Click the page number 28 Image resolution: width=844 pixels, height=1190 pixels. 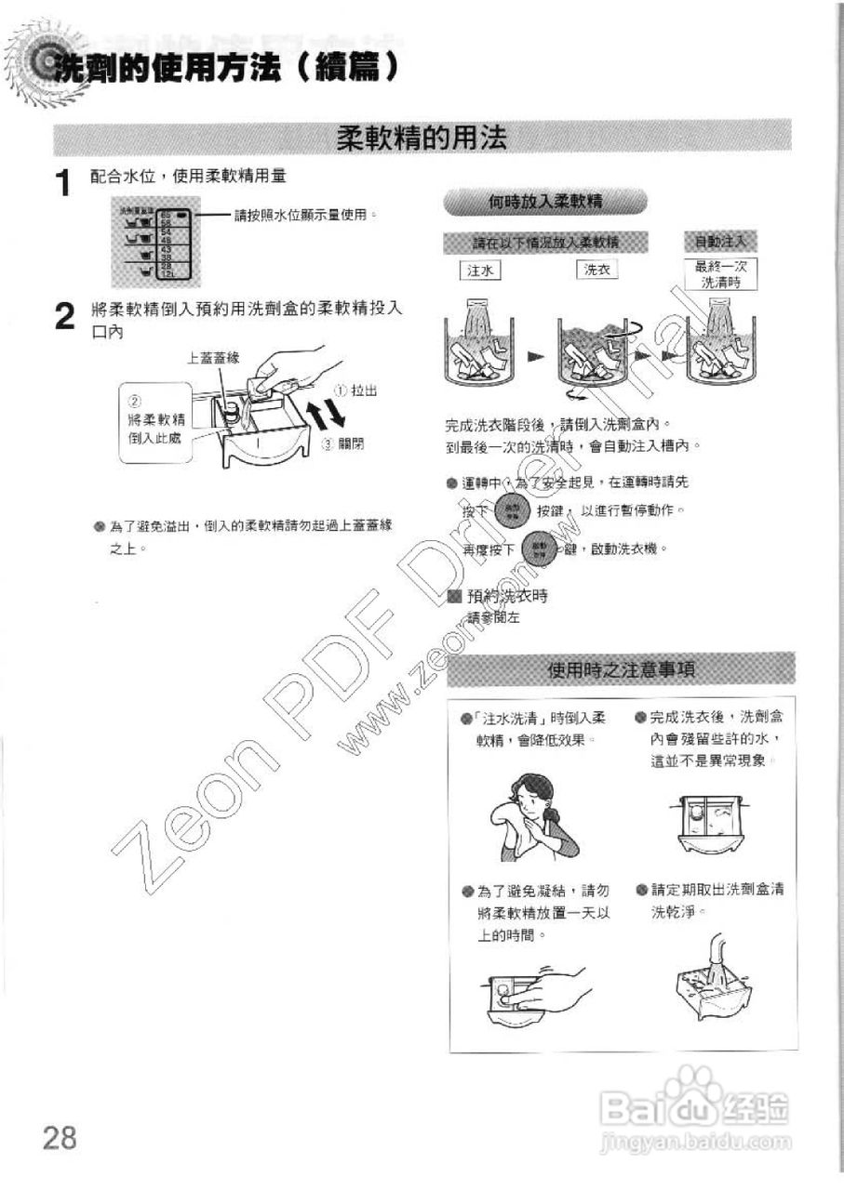click(57, 1136)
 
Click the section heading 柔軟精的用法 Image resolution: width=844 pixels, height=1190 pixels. click(422, 139)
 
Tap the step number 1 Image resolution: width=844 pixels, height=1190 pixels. click(62, 183)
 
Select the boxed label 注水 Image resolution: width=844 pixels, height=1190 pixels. click(481, 270)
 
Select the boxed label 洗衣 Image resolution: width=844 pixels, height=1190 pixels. click(596, 270)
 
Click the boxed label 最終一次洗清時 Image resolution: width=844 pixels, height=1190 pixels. click(721, 274)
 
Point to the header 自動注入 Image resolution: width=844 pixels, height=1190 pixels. click(721, 242)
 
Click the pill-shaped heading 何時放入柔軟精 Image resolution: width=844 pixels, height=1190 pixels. click(545, 200)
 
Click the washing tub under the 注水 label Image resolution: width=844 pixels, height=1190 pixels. click(481, 349)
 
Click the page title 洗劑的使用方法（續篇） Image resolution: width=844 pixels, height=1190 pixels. click(223, 68)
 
